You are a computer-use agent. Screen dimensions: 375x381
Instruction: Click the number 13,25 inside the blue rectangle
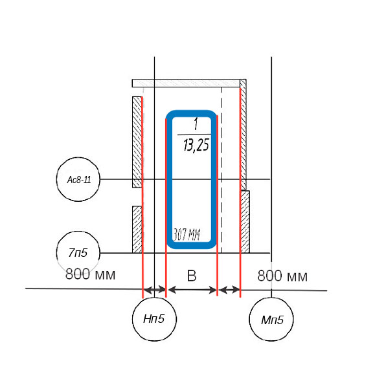click(196, 146)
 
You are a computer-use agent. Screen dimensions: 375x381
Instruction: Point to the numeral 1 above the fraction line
click(196, 124)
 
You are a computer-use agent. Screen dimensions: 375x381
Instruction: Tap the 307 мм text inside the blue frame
click(187, 234)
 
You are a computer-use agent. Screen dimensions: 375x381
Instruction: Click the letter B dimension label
click(192, 276)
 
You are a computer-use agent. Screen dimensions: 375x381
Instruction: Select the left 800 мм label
click(90, 274)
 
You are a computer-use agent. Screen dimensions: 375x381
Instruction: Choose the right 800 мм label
click(282, 276)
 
